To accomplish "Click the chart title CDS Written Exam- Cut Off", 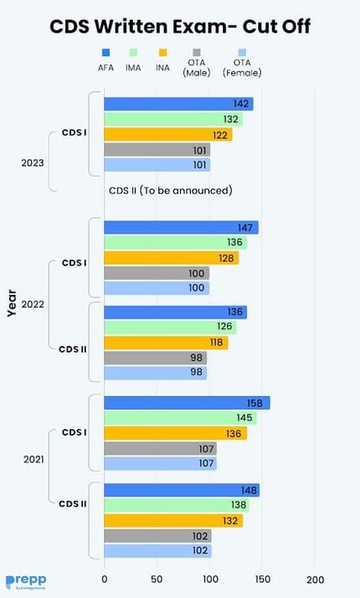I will click(180, 27).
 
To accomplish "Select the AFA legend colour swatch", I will click(105, 52).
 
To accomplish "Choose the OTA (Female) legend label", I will click(242, 68).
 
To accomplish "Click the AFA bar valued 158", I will click(187, 403).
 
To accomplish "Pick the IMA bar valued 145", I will click(180, 418).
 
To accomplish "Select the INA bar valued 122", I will click(167, 135).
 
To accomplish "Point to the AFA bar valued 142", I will click(178, 104).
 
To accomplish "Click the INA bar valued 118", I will click(166, 343).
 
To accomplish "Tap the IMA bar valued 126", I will click(170, 327).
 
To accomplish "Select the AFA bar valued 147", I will click(181, 227).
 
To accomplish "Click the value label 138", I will click(239, 505).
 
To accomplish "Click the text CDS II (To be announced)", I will click(170, 190).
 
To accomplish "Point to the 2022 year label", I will click(33, 304).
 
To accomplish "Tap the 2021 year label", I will click(33, 460).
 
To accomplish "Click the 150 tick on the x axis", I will click(263, 579).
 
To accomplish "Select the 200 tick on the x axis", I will click(316, 579).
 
